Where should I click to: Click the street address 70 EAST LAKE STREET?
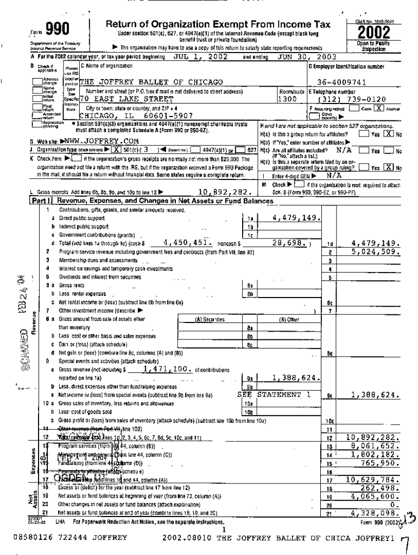126,100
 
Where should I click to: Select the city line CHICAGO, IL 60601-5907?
136,115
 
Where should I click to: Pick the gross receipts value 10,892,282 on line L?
223,192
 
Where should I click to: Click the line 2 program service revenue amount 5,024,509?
376,251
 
